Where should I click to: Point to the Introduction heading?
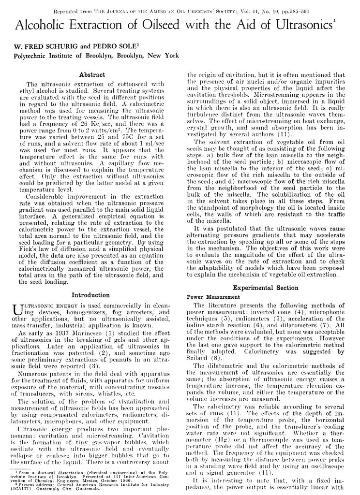(x=90, y=295)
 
